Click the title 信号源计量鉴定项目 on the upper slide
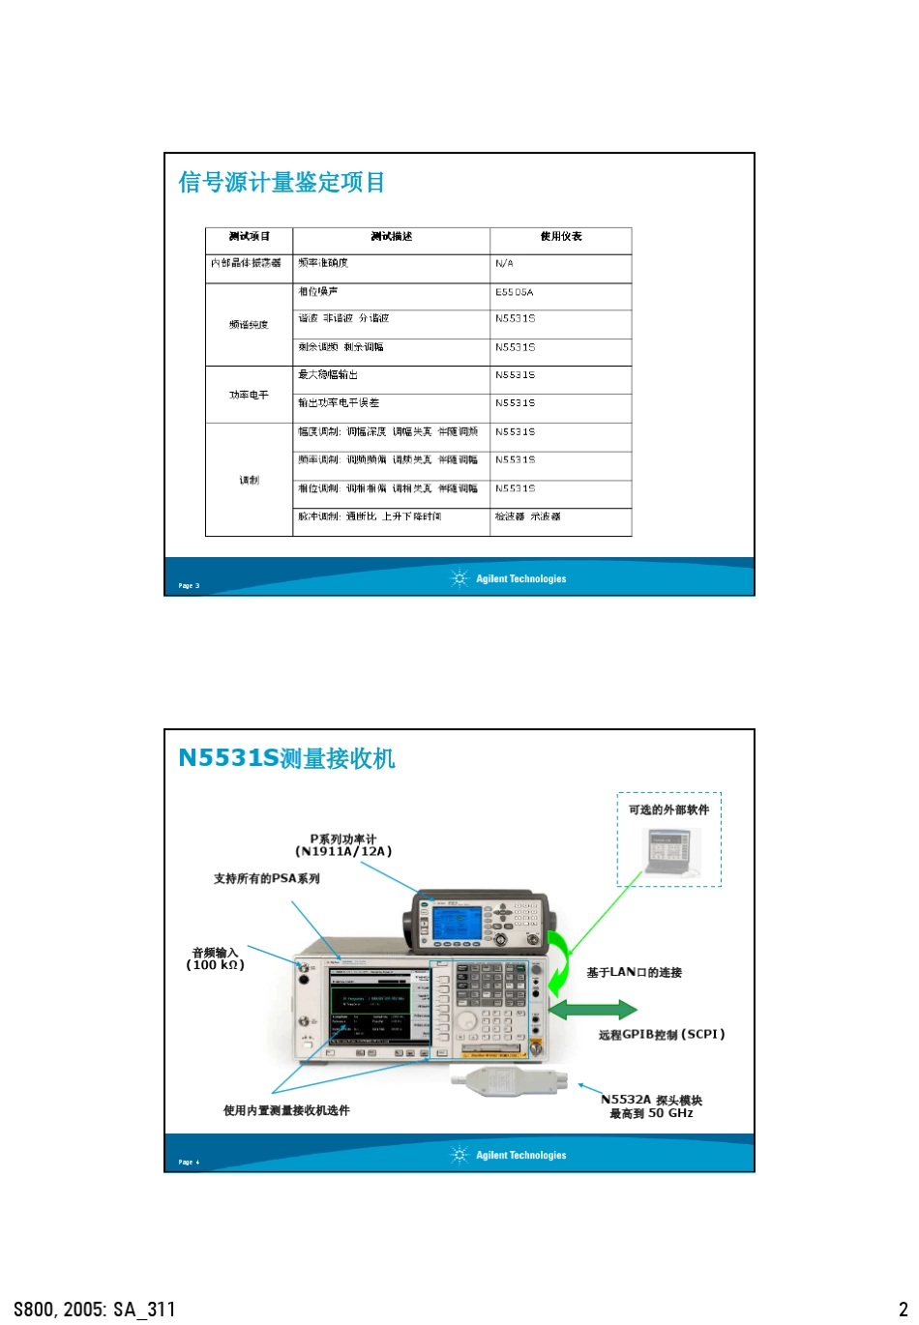point(282,182)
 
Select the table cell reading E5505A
point(514,292)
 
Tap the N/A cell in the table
point(504,263)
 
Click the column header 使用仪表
point(560,237)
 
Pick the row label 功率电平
point(249,395)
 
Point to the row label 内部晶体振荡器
point(247,263)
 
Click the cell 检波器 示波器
point(527,516)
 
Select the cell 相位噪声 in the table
point(318,292)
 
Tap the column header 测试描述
point(391,237)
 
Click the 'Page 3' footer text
point(189,585)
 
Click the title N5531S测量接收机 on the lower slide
point(286,758)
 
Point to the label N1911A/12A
point(343,852)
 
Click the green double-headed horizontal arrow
point(592,1010)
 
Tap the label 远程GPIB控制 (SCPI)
point(661,1035)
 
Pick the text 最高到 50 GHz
point(651,1113)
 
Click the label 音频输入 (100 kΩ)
point(215,958)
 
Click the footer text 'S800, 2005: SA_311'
point(95,1310)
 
